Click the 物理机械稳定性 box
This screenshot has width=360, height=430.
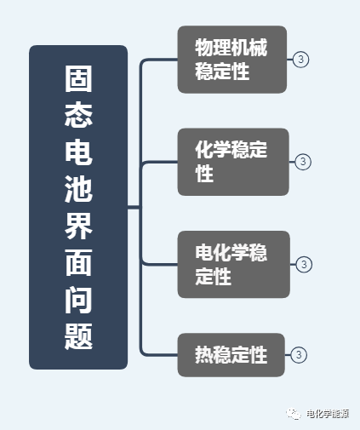pos(232,60)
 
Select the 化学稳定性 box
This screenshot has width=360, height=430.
pos(233,162)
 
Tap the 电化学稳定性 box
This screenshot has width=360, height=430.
pos(234,264)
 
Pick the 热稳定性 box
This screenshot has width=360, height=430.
pos(231,355)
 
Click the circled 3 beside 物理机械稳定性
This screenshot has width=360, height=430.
pos(300,60)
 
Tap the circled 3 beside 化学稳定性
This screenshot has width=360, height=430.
pos(303,162)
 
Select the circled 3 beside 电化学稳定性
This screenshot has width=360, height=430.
pos(304,264)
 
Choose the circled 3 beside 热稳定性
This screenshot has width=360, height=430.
pos(299,355)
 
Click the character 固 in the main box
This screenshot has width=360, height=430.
pos(78,79)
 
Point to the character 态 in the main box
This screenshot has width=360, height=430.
pos(78,115)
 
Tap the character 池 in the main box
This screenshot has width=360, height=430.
pos(78,188)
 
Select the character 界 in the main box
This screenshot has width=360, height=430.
pos(78,226)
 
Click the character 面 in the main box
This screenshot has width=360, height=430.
pos(78,262)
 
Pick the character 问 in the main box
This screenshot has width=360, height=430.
pos(78,300)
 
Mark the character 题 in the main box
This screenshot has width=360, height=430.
pos(78,336)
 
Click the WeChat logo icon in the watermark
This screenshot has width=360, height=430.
pos(294,414)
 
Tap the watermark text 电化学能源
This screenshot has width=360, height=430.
pos(328,414)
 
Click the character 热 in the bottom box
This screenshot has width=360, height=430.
pos(204,355)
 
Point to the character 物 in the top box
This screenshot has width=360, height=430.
pos(204,48)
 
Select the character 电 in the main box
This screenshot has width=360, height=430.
pos(78,152)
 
